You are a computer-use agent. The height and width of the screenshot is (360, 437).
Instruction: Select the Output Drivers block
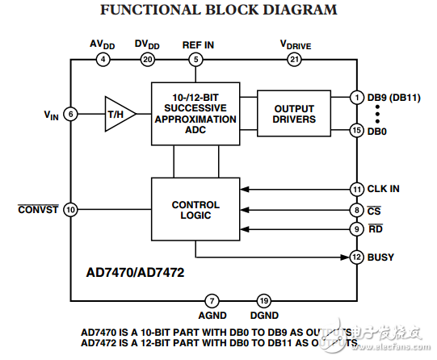tap(294, 114)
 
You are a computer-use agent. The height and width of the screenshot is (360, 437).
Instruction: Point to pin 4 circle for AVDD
tap(103, 59)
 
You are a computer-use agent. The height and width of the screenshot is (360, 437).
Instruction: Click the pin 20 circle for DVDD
tap(146, 59)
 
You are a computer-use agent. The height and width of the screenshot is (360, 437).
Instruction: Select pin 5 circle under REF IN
tap(195, 59)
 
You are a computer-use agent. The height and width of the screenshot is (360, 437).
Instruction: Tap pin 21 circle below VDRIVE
tap(294, 59)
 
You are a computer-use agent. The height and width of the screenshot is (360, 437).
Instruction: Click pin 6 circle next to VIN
tap(71, 114)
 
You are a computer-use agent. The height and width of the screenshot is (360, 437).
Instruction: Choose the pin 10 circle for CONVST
tap(71, 210)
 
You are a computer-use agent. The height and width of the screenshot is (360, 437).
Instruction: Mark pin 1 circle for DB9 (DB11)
tap(356, 97)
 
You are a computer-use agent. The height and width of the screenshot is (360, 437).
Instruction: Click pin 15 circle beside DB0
tap(356, 130)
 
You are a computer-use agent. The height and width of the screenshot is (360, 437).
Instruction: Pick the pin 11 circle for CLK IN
tap(356, 190)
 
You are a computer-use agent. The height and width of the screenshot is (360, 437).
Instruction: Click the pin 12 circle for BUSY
tap(356, 257)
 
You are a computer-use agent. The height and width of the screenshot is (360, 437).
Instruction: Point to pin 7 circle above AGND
tap(212, 299)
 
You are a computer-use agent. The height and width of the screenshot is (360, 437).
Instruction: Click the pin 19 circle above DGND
tap(263, 299)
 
